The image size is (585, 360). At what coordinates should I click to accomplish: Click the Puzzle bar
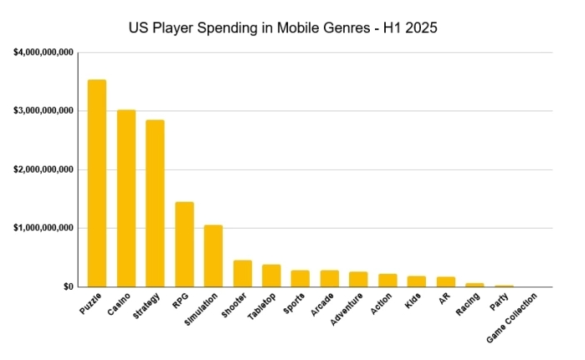tap(97, 183)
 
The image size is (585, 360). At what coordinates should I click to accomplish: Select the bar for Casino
tap(126, 198)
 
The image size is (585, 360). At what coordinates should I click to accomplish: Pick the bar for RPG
tap(184, 244)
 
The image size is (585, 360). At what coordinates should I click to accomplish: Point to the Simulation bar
tap(213, 255)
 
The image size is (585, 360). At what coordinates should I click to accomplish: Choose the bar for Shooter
tap(243, 274)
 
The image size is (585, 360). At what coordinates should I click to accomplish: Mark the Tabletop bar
tap(271, 275)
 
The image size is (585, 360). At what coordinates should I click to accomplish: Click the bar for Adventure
tap(358, 279)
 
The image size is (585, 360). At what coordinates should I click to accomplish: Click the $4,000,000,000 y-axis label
tap(43, 53)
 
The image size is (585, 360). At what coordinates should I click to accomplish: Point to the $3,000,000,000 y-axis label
tap(43, 111)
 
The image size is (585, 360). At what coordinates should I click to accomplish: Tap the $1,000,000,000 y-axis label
tap(43, 228)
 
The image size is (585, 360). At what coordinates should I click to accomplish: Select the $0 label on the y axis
tap(68, 287)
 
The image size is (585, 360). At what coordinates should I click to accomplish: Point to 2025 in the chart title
tap(418, 28)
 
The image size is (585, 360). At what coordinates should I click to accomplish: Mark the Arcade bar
tap(329, 278)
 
